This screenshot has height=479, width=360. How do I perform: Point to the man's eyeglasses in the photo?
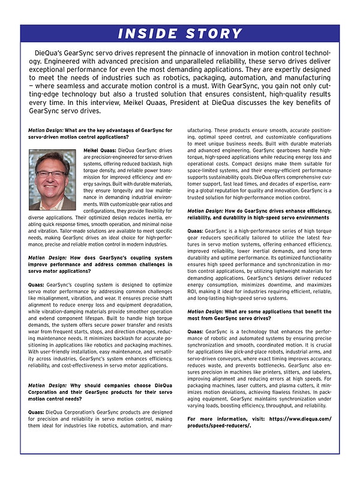tap(52, 174)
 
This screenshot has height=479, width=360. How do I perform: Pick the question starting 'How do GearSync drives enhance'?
tap(259, 214)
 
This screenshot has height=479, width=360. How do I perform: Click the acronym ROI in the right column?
tap(193, 291)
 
